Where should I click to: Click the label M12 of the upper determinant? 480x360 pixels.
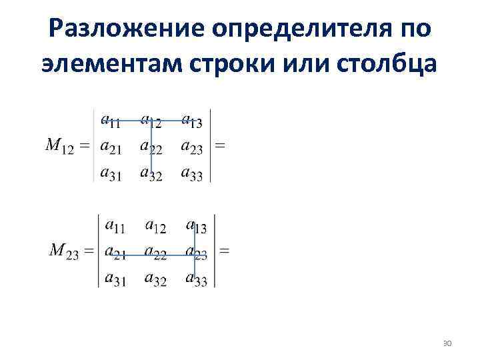pos(59,146)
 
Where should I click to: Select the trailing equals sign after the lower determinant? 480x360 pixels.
pos(225,251)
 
